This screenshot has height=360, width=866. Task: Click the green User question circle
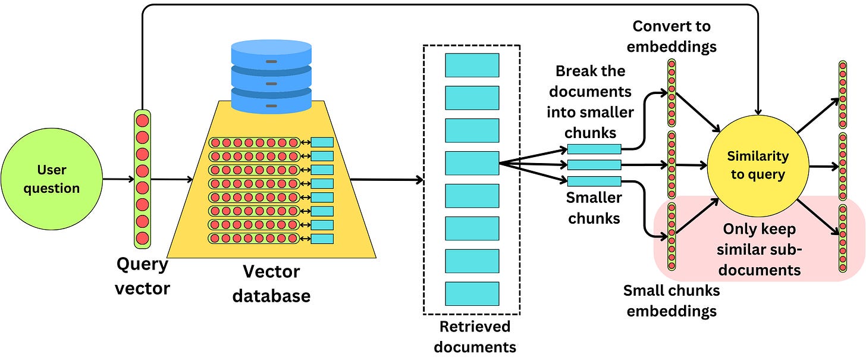(51, 179)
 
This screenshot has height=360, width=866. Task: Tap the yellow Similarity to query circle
(758, 165)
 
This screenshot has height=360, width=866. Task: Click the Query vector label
(143, 277)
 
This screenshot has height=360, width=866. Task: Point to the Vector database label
(271, 284)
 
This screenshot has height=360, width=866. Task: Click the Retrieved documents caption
(474, 336)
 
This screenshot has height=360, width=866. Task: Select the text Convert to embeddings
(672, 36)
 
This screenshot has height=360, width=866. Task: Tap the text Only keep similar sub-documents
(763, 249)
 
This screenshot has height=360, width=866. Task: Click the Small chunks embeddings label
(672, 300)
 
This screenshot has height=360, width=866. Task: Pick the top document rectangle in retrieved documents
(472, 65)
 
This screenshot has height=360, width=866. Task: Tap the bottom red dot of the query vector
(143, 238)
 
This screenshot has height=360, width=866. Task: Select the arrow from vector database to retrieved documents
(387, 179)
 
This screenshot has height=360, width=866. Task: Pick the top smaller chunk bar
(594, 149)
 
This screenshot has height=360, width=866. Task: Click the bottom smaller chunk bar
(594, 181)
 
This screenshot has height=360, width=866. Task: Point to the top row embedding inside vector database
(254, 143)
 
